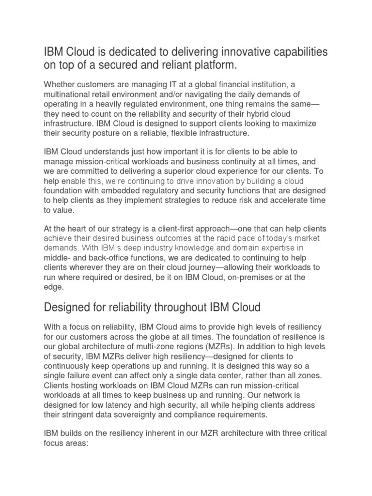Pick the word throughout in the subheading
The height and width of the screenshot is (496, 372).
(x=177, y=307)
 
